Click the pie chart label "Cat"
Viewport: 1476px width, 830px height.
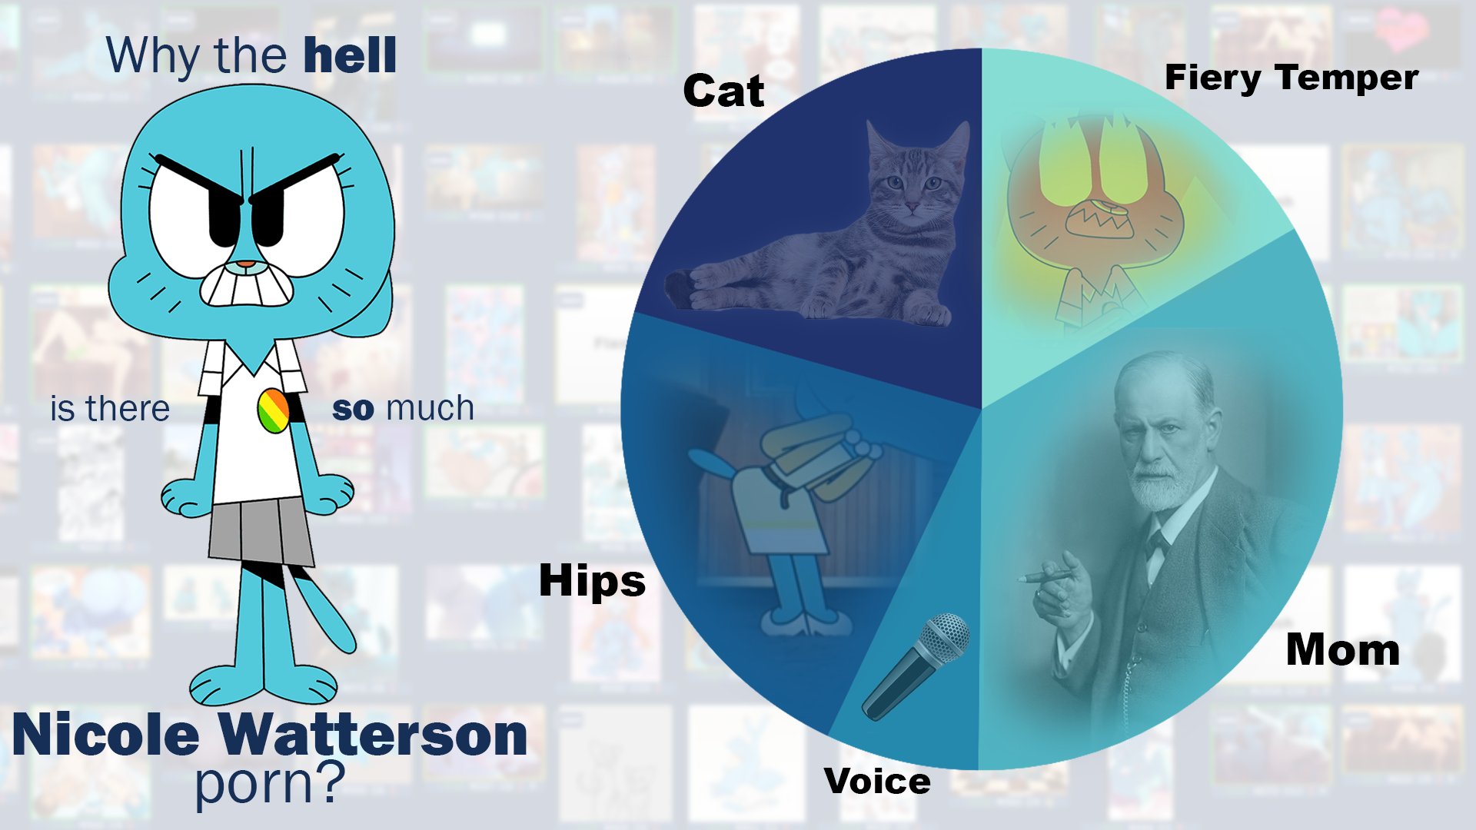click(723, 91)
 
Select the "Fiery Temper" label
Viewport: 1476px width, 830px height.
click(1291, 78)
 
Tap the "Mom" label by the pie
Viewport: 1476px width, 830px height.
click(1342, 650)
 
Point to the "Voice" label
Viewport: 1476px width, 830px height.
click(877, 782)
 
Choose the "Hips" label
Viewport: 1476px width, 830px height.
click(592, 580)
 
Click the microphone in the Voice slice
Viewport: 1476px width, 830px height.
click(915, 666)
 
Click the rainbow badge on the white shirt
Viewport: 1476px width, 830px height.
click(273, 410)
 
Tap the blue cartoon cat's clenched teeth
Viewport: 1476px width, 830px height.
click(246, 286)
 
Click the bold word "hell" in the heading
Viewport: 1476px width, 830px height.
click(350, 55)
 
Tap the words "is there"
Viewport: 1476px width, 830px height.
click(110, 408)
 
